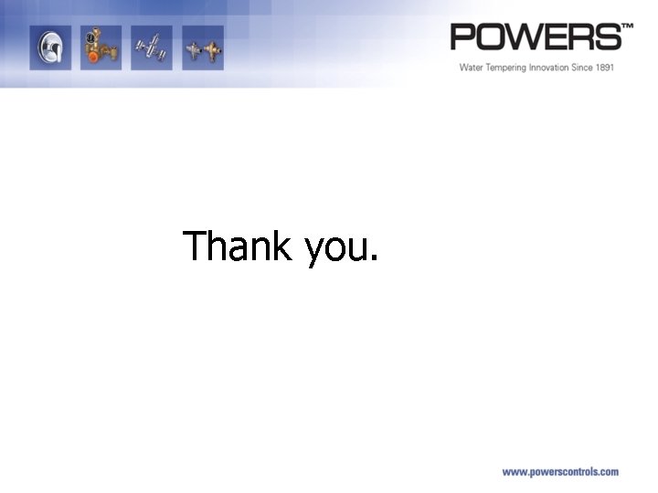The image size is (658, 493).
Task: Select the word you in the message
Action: click(334, 248)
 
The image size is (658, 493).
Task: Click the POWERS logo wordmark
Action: click(536, 37)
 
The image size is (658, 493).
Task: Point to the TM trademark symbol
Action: click(627, 28)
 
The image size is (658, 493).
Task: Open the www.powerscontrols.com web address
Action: click(560, 472)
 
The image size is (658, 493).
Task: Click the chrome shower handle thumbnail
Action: click(49, 47)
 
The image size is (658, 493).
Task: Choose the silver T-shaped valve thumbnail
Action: click(150, 47)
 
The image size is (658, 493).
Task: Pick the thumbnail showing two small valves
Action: click(202, 47)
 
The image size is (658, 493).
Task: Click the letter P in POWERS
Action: click(464, 37)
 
